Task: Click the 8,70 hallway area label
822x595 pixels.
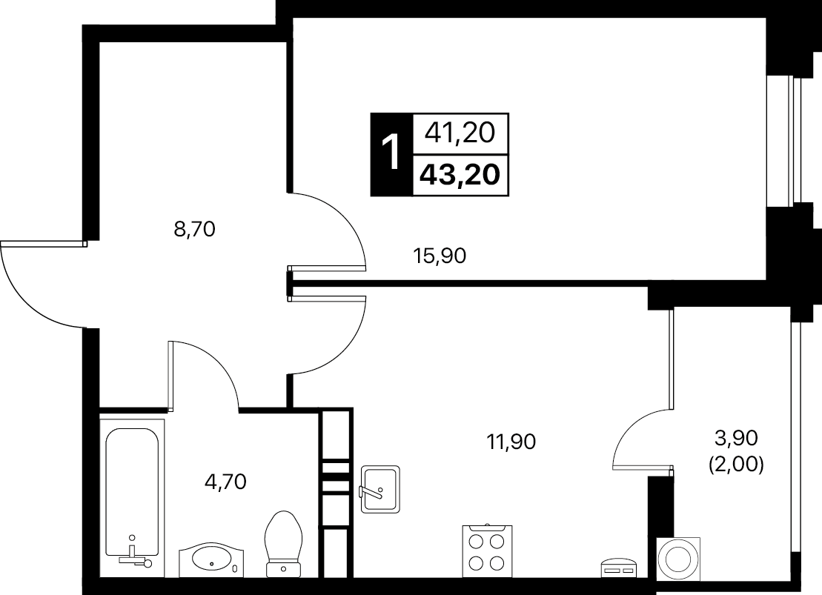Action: (x=194, y=229)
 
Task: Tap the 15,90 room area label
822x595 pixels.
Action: (x=440, y=256)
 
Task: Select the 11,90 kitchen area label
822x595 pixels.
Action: (x=511, y=442)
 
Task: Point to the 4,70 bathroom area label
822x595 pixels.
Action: (x=225, y=481)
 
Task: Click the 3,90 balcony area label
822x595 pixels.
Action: (x=736, y=438)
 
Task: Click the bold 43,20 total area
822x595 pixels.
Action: (x=460, y=175)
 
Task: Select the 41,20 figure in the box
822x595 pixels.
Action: (x=460, y=133)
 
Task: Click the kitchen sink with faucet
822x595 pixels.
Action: (x=379, y=489)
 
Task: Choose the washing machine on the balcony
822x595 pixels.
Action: (x=680, y=558)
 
